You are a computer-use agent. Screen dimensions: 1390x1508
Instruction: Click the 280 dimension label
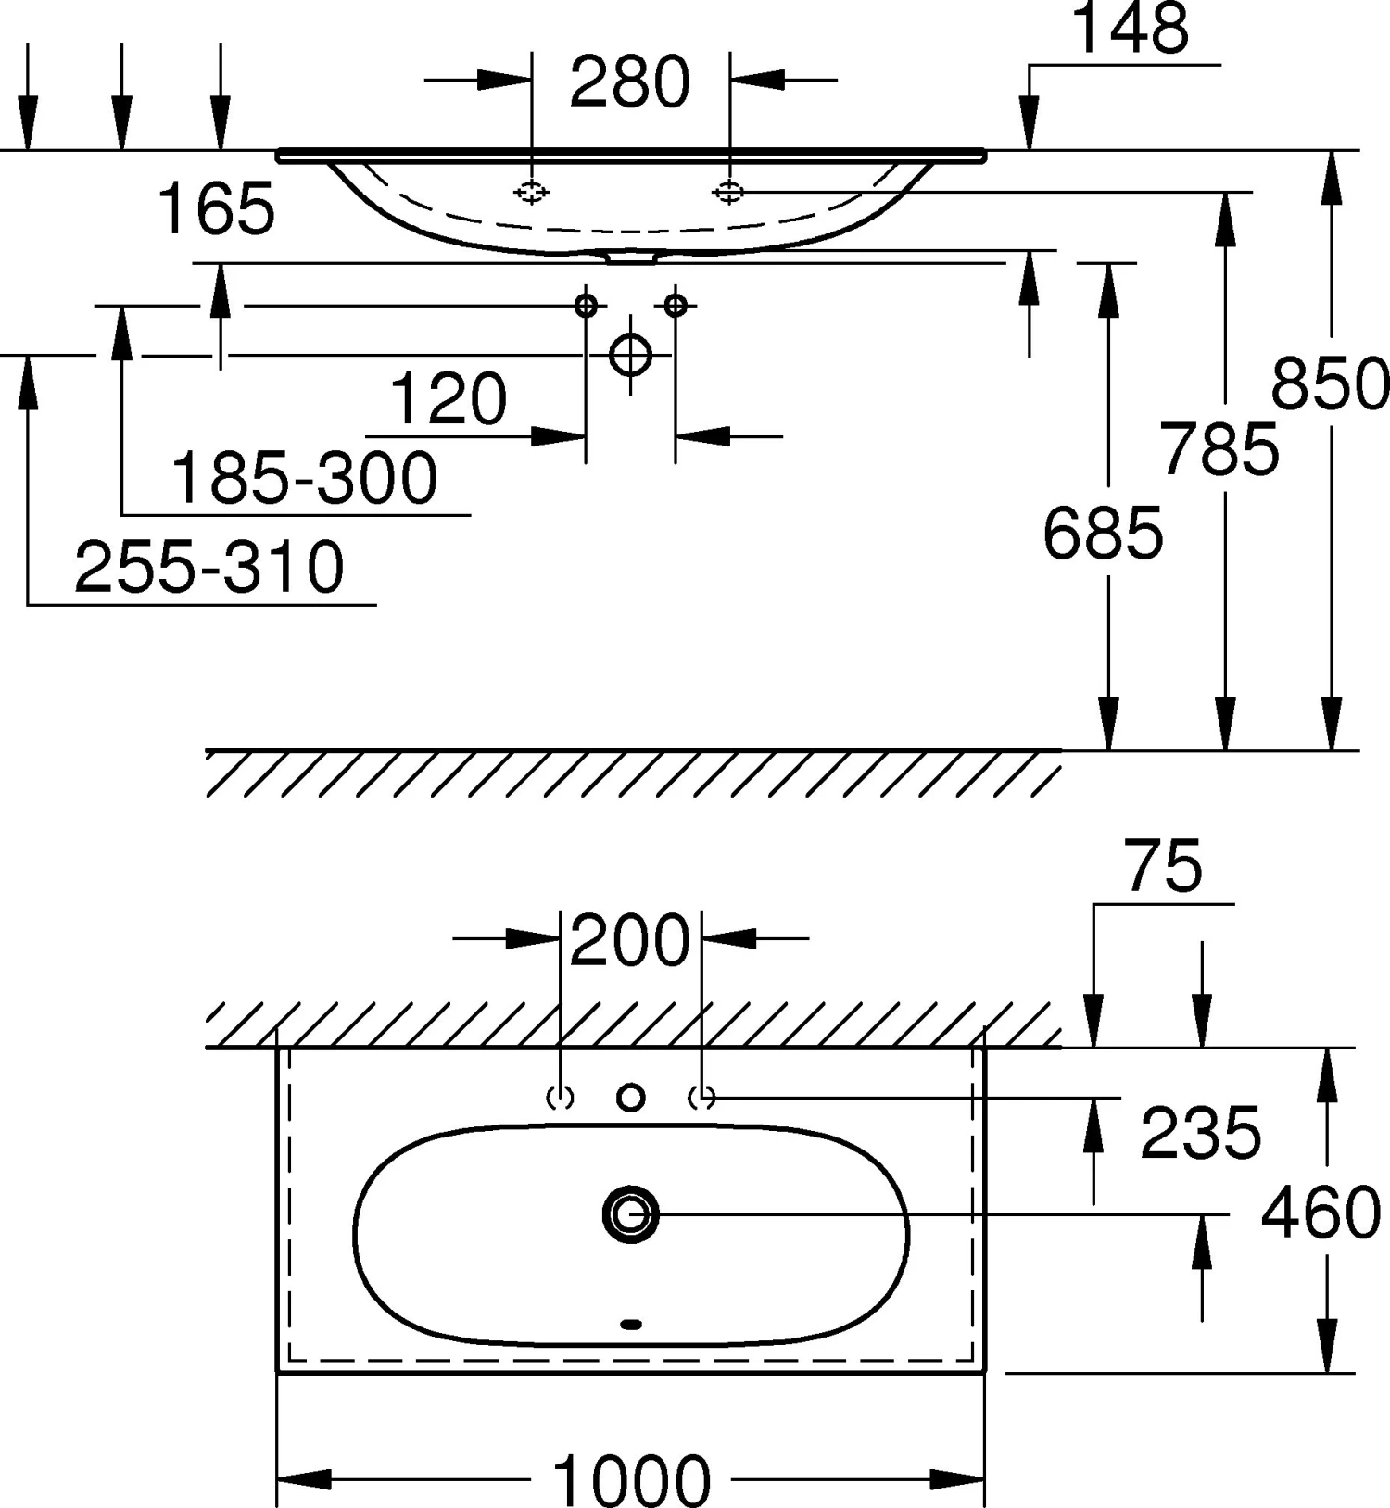(630, 82)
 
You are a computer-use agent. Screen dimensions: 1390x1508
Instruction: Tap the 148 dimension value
(1131, 28)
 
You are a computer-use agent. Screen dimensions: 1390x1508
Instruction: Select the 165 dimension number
(216, 208)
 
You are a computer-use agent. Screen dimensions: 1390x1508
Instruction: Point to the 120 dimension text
(449, 399)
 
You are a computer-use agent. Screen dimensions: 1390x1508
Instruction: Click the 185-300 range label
(305, 478)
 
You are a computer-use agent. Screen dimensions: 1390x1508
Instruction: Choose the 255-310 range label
(209, 567)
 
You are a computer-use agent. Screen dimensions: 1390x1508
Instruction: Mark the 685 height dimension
(1103, 534)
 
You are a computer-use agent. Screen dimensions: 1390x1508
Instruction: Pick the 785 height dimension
(1219, 449)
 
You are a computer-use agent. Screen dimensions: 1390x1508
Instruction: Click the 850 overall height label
(1331, 383)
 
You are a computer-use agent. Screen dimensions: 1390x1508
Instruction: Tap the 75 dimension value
(1164, 866)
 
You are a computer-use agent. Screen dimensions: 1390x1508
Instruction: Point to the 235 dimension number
(1201, 1132)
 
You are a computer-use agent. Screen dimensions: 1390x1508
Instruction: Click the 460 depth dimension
(1321, 1213)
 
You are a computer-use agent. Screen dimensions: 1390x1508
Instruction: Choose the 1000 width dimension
(632, 1479)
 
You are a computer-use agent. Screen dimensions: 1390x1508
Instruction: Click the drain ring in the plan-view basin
(631, 1213)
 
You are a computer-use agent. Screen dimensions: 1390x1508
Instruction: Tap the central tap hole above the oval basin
(631, 1098)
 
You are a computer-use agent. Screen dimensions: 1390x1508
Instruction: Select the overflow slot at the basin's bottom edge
(631, 1325)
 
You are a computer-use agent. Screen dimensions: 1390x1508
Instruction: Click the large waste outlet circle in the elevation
(631, 355)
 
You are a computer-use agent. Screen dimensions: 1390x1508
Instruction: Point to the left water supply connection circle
(586, 305)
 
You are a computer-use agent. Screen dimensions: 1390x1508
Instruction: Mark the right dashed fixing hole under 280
(729, 192)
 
